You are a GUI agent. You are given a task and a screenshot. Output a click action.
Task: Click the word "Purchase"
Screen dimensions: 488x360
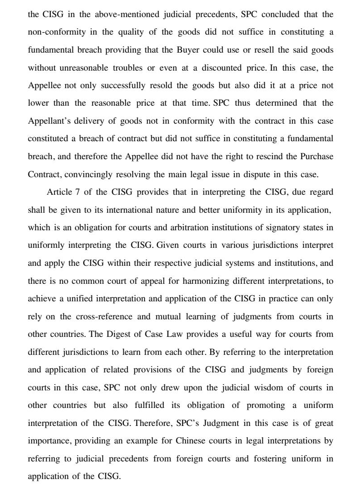[317, 157]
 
